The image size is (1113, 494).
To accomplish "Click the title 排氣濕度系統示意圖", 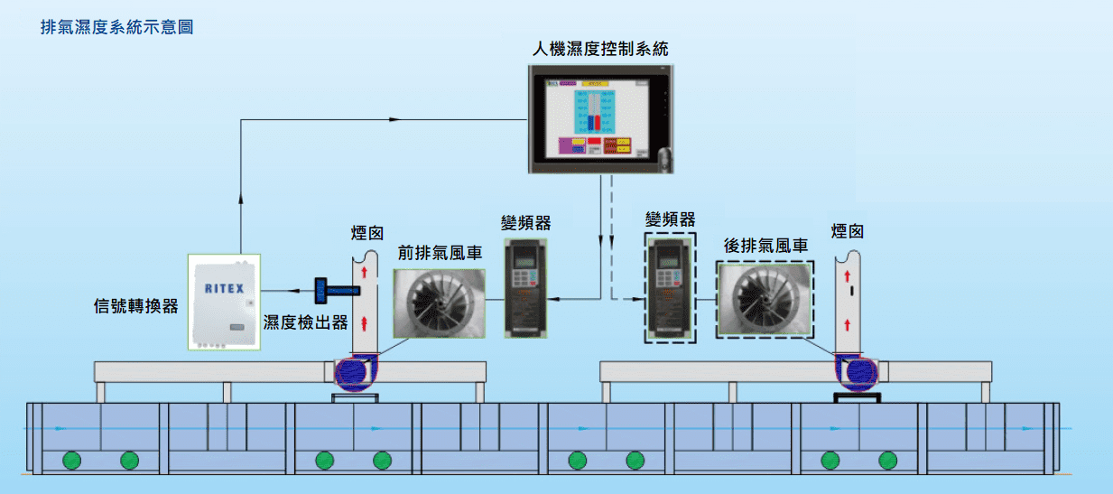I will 117,27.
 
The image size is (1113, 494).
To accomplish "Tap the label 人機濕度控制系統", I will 599,48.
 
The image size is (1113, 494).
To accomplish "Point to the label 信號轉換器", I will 136,305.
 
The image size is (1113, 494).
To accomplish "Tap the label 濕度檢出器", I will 305,322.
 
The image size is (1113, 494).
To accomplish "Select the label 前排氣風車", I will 440,253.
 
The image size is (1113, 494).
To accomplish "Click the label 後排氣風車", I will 765,245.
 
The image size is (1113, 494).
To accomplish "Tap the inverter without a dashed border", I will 526,287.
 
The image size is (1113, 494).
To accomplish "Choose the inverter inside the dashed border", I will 670,287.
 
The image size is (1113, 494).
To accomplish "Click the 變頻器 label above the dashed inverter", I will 670,219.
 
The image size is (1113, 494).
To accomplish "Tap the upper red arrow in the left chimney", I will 364,271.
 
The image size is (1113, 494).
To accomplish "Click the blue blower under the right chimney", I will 854,372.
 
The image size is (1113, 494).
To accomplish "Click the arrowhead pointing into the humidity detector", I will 298,290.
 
